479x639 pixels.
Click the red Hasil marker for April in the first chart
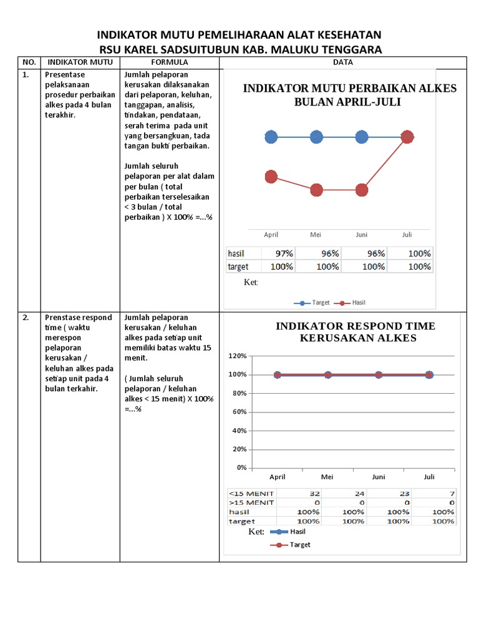pyautogui.click(x=271, y=177)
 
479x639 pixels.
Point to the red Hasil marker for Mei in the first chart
pyautogui.click(x=316, y=190)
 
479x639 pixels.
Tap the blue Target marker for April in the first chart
pyautogui.click(x=271, y=137)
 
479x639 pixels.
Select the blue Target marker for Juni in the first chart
pyautogui.click(x=362, y=137)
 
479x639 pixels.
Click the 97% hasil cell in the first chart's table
pyautogui.click(x=281, y=254)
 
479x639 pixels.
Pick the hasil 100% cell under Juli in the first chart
pyautogui.click(x=419, y=254)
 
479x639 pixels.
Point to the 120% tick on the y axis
pyautogui.click(x=238, y=356)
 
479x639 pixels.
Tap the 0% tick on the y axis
pyautogui.click(x=241, y=467)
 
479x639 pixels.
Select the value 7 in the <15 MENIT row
pyautogui.click(x=452, y=493)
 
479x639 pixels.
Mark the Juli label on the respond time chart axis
pyautogui.click(x=429, y=477)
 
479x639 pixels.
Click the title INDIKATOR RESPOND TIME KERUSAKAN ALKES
pyautogui.click(x=356, y=332)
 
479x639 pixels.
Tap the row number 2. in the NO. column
pyautogui.click(x=26, y=318)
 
